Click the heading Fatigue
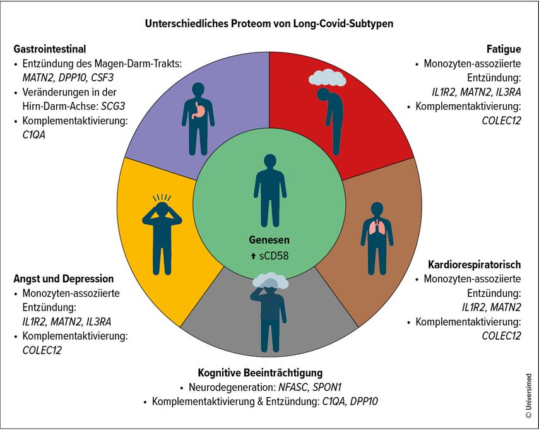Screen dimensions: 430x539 click(x=504, y=49)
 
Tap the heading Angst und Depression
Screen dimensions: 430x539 click(x=63, y=278)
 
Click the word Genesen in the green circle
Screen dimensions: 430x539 click(x=269, y=240)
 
